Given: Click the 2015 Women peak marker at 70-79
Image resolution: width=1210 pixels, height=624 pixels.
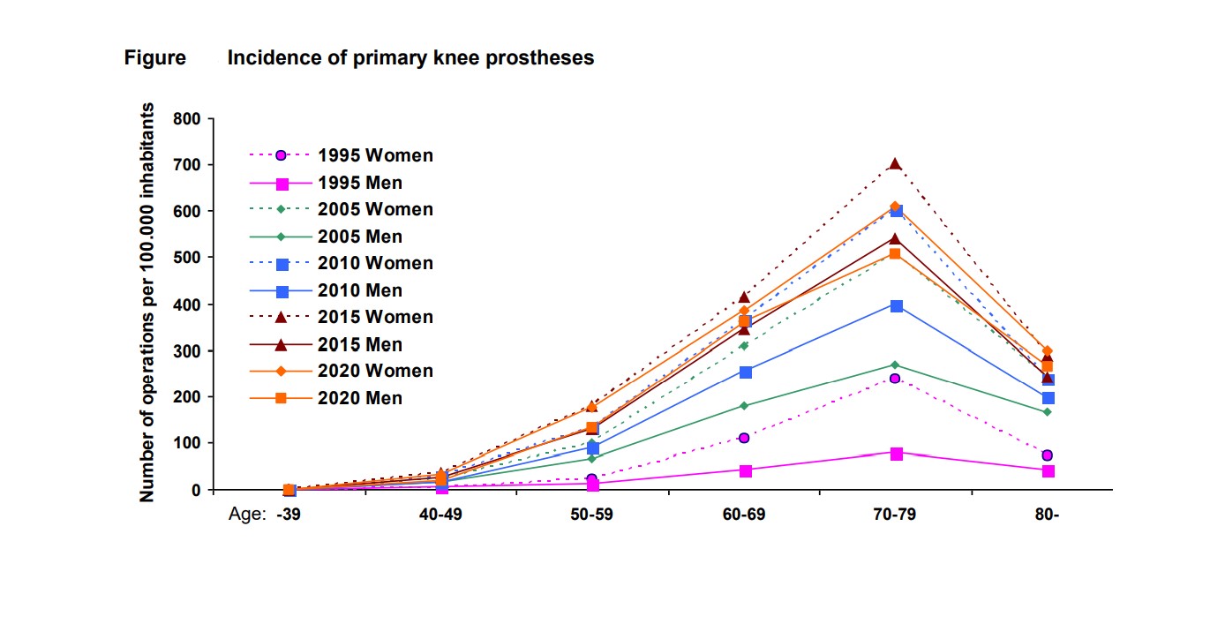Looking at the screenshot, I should pyautogui.click(x=896, y=163).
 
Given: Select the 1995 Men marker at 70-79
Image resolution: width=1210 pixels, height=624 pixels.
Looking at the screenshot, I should pyautogui.click(x=896, y=454).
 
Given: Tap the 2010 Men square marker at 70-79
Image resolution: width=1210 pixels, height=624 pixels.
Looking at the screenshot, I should pyautogui.click(x=896, y=306).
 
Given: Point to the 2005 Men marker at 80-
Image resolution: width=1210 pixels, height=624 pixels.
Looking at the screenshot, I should pyautogui.click(x=1047, y=412).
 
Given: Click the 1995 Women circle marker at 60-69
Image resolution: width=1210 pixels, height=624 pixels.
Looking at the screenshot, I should pyautogui.click(x=744, y=438).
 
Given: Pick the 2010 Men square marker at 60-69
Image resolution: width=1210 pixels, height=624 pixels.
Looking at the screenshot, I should pyautogui.click(x=745, y=372).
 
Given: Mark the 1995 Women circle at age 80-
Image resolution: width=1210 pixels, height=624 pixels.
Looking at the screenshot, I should pyautogui.click(x=1047, y=455).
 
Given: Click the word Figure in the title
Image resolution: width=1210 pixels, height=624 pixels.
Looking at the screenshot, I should pyautogui.click(x=154, y=58).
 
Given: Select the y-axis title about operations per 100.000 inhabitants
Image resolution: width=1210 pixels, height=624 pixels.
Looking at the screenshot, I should pyautogui.click(x=147, y=303).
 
